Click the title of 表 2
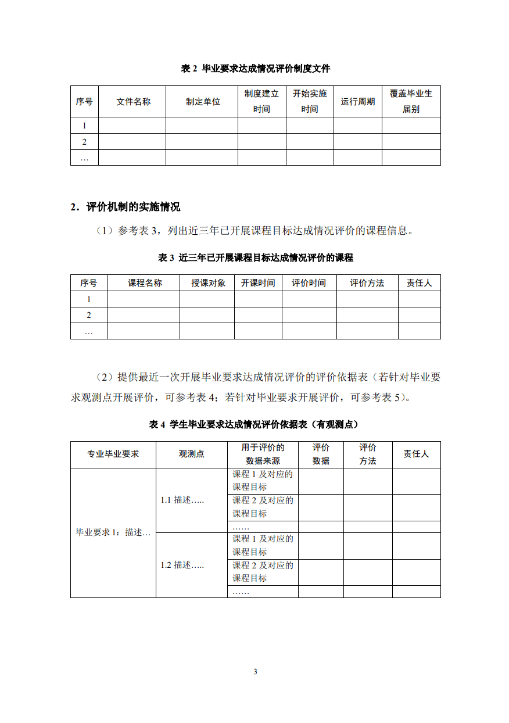click(255, 69)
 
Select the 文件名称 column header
click(133, 102)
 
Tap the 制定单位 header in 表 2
click(203, 102)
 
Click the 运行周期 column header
click(357, 102)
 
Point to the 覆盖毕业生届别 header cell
click(411, 101)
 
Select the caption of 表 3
click(255, 257)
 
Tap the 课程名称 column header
click(145, 283)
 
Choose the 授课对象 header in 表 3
click(208, 283)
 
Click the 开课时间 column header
click(258, 283)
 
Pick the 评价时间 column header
click(309, 283)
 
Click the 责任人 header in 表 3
click(419, 283)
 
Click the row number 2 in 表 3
click(89, 315)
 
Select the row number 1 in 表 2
click(84, 126)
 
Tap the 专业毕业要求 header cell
click(113, 454)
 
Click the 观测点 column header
click(191, 454)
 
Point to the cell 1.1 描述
click(182, 500)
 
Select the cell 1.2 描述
click(182, 565)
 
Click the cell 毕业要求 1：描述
click(113, 532)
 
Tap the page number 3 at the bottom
click(255, 672)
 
